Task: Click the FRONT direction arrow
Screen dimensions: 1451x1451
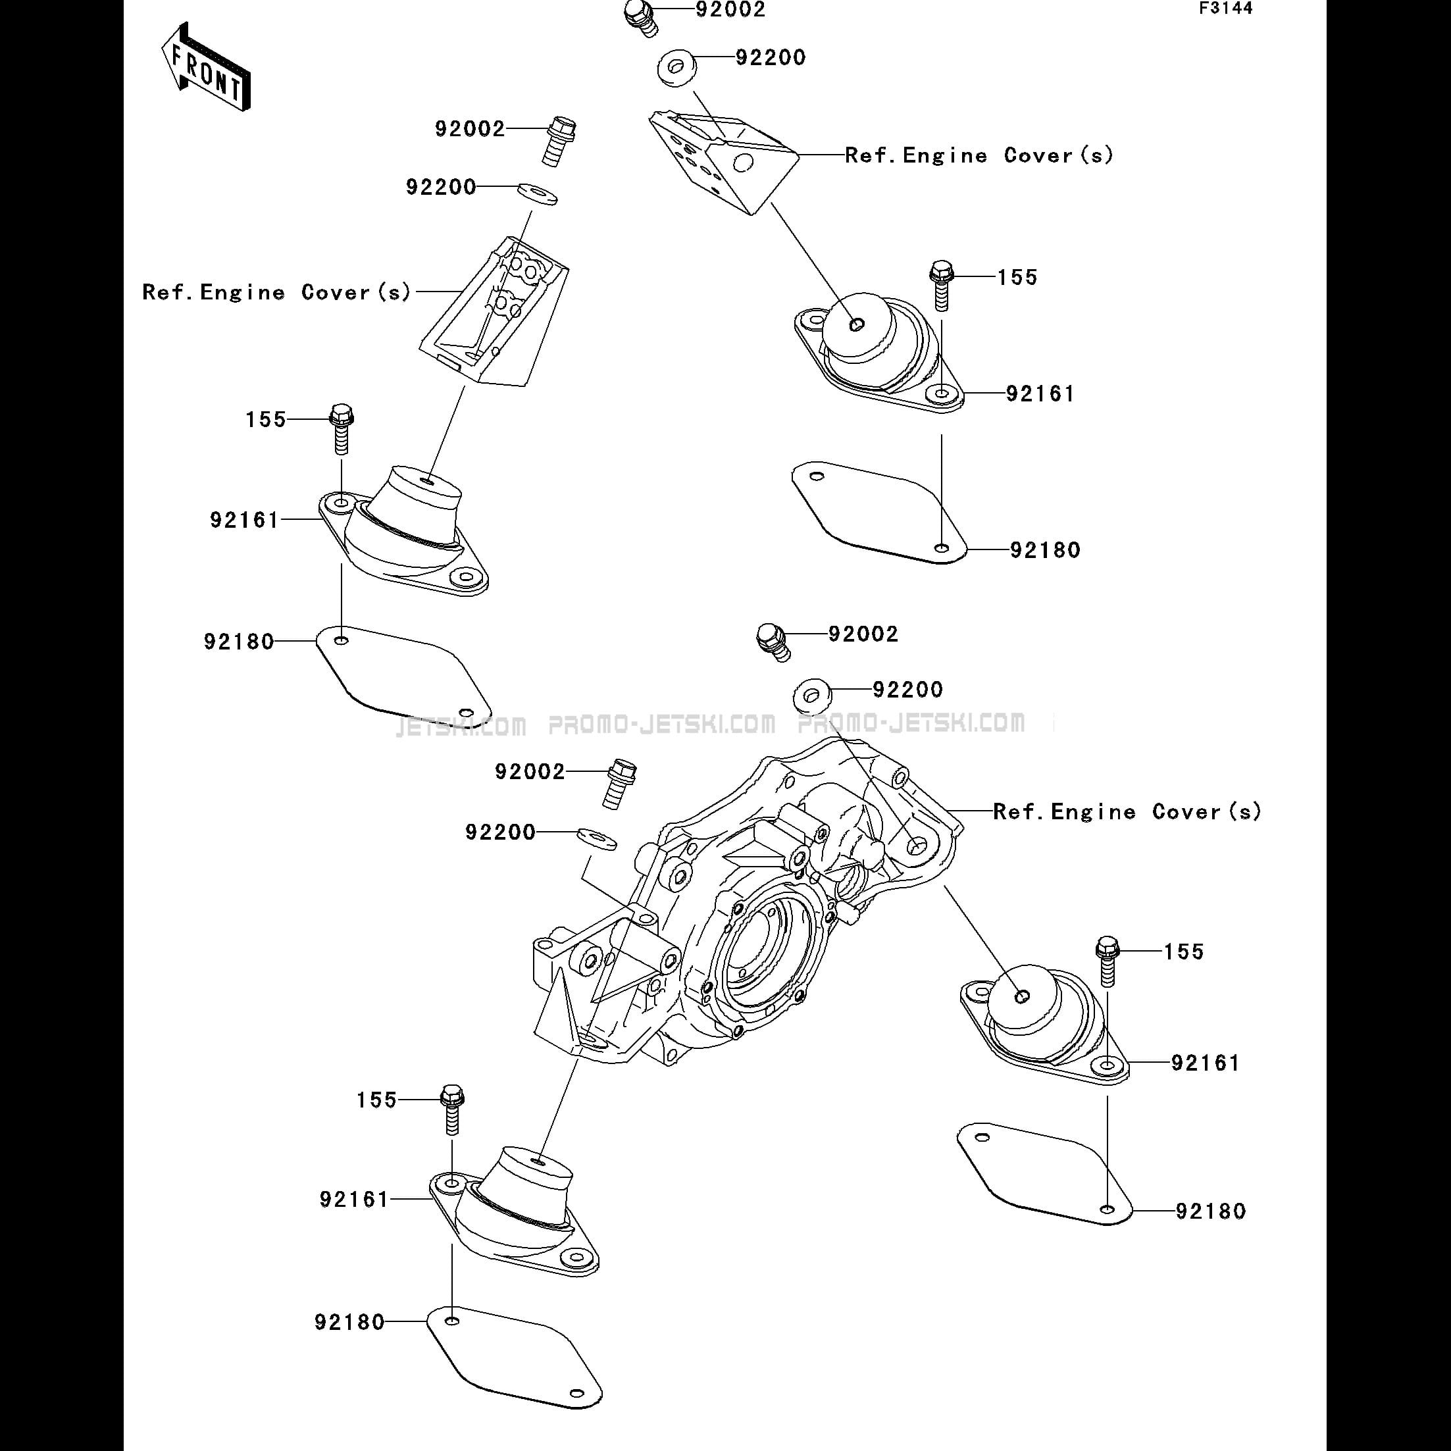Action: point(204,69)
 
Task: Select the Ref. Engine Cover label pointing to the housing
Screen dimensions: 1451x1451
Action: point(1127,812)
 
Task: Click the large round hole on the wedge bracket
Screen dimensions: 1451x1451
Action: point(743,163)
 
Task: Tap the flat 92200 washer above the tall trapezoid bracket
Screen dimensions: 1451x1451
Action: point(537,192)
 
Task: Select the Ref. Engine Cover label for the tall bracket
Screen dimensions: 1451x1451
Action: point(277,292)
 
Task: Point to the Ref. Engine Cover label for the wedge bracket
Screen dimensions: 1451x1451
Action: point(979,155)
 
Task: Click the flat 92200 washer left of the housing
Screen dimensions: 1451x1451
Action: point(597,839)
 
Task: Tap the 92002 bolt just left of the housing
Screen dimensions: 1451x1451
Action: point(621,782)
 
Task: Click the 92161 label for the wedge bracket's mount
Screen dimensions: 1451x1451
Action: point(1040,394)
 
